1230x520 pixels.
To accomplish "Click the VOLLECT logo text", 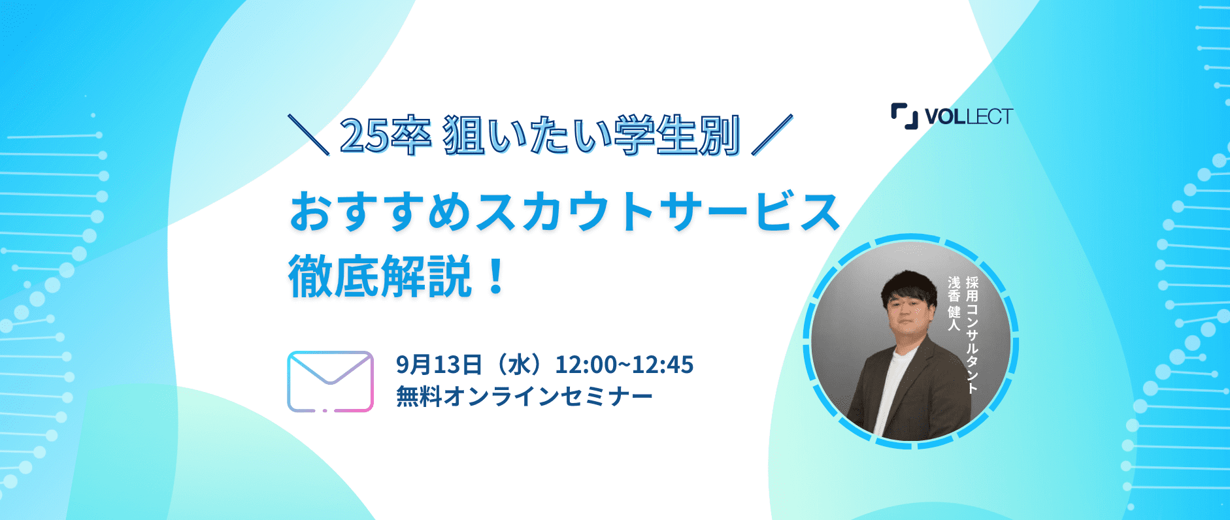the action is (969, 116).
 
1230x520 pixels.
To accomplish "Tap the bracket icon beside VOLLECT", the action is (905, 116).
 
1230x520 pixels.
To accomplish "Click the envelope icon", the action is (330, 382).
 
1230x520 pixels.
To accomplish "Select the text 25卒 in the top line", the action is (385, 136).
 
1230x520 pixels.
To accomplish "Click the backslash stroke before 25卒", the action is (308, 135).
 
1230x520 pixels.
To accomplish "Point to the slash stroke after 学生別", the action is (772, 135).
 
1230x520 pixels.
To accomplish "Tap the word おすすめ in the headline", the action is (380, 212).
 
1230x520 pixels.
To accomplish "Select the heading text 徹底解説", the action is (380, 277).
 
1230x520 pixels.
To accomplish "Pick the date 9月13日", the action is (439, 365).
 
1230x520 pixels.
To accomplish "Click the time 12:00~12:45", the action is (624, 365).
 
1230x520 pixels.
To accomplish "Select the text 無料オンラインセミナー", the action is (524, 397).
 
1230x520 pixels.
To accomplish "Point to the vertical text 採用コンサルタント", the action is (972, 334).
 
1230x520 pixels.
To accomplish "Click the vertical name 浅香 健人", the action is (954, 302).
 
